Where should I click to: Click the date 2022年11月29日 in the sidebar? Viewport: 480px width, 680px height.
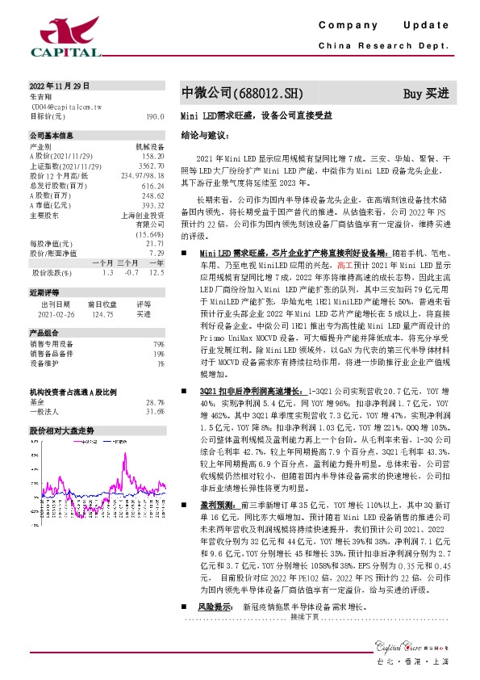[x=59, y=86]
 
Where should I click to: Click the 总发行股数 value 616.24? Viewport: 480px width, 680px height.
[x=152, y=186]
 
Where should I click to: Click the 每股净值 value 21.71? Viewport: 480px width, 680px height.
[x=155, y=242]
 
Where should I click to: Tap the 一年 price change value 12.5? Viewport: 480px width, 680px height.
[x=157, y=273]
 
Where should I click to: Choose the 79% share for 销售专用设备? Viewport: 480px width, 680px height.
[x=159, y=344]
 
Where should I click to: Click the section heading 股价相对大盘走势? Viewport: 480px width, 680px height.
[x=62, y=430]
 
